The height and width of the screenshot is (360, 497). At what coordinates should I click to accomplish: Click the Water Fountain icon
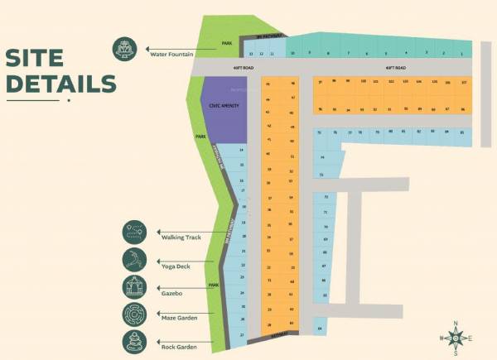pos(126,49)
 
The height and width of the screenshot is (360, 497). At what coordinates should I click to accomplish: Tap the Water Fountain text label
pos(171,55)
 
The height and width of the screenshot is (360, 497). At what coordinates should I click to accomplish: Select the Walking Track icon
pos(134,233)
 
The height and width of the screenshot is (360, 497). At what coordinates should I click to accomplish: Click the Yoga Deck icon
pos(134,259)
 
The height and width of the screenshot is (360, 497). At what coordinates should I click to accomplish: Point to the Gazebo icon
pos(134,287)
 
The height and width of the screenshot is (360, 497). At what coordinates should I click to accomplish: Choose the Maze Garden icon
pos(134,314)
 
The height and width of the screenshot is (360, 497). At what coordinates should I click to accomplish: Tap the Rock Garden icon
pos(134,340)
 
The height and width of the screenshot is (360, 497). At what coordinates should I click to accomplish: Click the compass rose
pos(456,338)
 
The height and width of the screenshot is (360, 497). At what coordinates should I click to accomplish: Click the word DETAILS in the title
pos(60,84)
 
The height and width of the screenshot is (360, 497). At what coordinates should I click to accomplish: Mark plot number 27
pos(243,335)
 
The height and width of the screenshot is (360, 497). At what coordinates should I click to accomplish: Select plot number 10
pos(292,53)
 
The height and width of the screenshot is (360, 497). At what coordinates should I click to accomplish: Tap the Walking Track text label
pos(181,238)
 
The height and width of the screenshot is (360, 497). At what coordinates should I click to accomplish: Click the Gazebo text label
pos(171,293)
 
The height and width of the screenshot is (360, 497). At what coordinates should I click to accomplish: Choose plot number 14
pos(242,150)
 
